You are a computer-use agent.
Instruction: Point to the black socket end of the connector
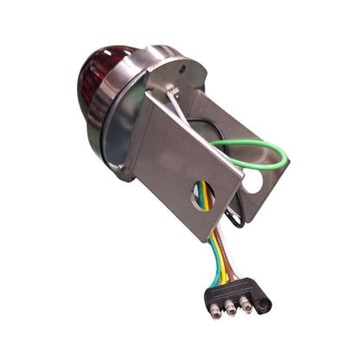(x=263, y=303)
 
